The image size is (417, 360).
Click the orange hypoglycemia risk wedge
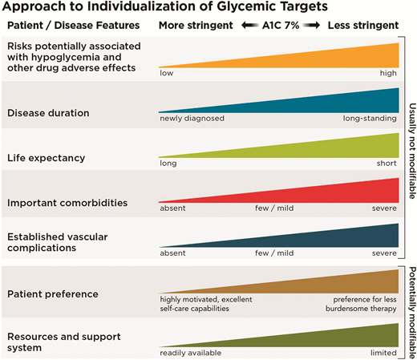(337, 58)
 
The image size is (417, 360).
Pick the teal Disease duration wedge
(337, 103)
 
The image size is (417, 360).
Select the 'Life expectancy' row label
(46, 158)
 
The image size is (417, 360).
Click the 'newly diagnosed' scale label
(192, 118)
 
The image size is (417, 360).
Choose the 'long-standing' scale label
(370, 118)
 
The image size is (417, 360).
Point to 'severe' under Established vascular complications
(383, 253)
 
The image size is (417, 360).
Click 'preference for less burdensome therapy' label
(362, 304)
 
